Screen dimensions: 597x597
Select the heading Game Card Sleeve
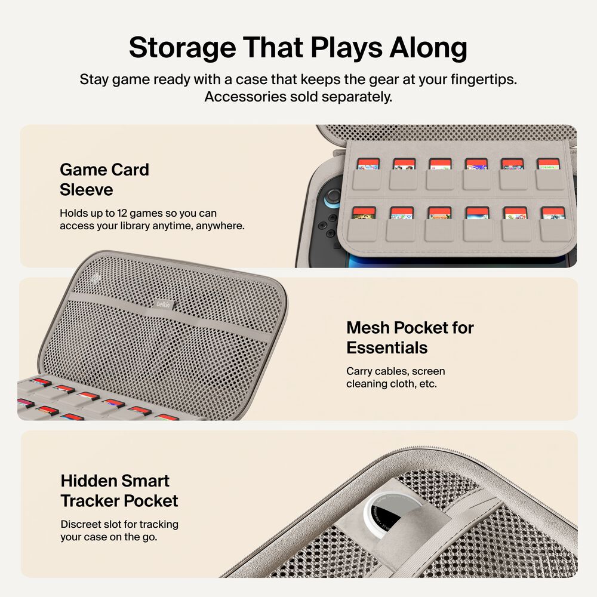(x=104, y=180)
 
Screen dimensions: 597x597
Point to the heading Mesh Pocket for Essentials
(x=410, y=337)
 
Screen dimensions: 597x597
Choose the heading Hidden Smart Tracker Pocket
(x=119, y=491)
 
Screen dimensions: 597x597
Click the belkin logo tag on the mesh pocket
(x=163, y=304)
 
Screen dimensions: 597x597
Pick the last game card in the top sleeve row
(x=547, y=164)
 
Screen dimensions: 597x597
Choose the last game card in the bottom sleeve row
(x=552, y=213)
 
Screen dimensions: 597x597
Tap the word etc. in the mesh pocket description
(x=427, y=384)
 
